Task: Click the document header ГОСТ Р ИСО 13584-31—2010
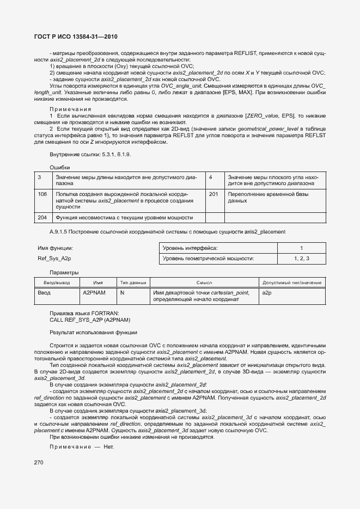click(x=76, y=36)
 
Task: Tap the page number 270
click(x=39, y=462)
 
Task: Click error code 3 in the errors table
click(x=40, y=177)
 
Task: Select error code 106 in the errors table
click(x=42, y=194)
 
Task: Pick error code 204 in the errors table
click(x=42, y=217)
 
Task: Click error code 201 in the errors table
click(x=213, y=194)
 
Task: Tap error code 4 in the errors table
click(x=211, y=177)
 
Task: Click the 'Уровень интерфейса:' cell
click(x=190, y=248)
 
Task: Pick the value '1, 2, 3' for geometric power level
click(x=301, y=259)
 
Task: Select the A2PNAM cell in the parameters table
click(x=94, y=293)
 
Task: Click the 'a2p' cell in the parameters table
click(x=267, y=293)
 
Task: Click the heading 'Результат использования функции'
click(x=93, y=332)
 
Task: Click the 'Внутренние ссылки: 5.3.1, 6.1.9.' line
click(x=90, y=155)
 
